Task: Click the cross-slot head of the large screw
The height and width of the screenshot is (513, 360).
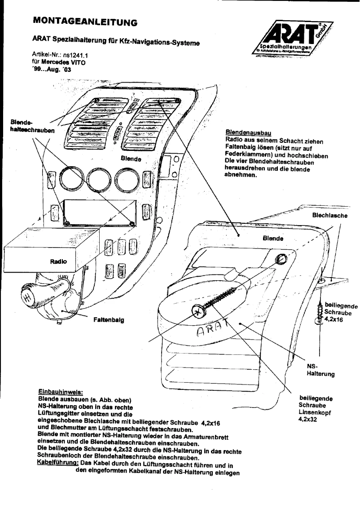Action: (x=198, y=310)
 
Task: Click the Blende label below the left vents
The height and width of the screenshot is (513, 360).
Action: (x=131, y=159)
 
